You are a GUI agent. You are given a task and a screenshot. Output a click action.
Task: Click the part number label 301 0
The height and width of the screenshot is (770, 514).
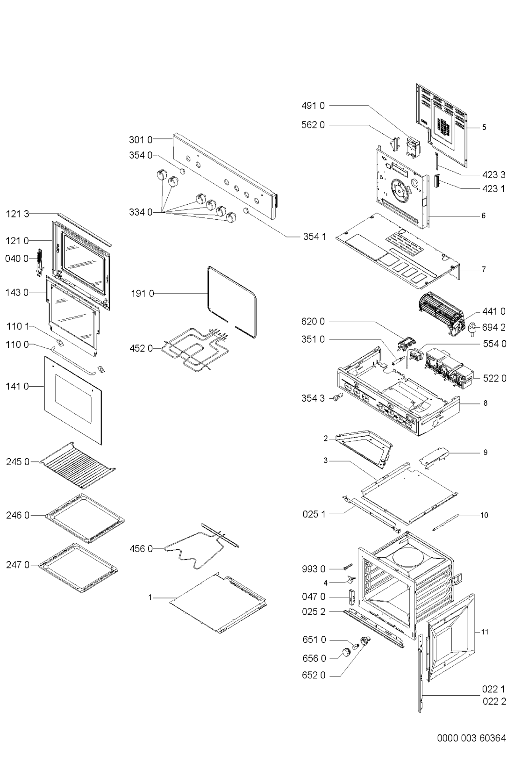point(140,139)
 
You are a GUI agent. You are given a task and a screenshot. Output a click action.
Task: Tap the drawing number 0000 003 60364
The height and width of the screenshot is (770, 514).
point(471,738)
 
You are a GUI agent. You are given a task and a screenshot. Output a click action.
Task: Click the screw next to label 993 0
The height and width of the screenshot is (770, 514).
point(348,567)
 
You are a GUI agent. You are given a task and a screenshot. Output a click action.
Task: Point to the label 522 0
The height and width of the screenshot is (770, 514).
point(494,378)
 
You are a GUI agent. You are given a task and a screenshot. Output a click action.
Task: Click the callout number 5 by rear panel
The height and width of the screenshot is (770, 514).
point(484,127)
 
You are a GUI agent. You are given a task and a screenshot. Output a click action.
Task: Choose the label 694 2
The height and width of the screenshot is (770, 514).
point(494,327)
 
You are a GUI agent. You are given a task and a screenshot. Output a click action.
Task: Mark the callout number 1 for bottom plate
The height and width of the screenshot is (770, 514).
point(150,597)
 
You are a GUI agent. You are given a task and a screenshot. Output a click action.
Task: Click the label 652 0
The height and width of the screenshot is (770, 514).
point(314,675)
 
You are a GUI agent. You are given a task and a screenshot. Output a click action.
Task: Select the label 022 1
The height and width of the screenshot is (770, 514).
point(494,689)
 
